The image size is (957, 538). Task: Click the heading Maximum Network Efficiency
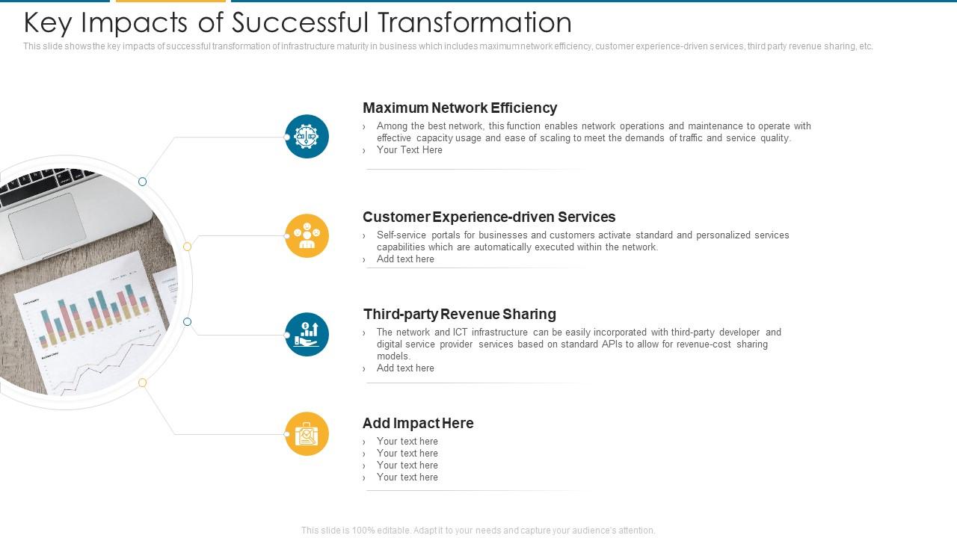pyautogui.click(x=460, y=108)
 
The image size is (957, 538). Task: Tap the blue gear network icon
pyautogui.click(x=307, y=137)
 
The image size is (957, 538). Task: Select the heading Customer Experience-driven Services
pyautogui.click(x=489, y=217)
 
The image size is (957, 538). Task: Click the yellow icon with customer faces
pyautogui.click(x=307, y=236)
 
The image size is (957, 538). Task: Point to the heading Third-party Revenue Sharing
pyautogui.click(x=460, y=314)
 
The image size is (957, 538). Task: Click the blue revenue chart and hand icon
pyautogui.click(x=307, y=335)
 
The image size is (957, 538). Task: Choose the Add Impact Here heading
pyautogui.click(x=418, y=423)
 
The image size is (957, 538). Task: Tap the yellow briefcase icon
pyautogui.click(x=307, y=434)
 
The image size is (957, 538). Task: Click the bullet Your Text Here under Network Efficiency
pyautogui.click(x=409, y=150)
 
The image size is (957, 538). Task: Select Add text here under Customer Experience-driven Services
pyautogui.click(x=405, y=259)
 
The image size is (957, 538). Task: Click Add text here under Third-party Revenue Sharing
pyautogui.click(x=405, y=368)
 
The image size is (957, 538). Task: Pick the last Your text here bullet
pyautogui.click(x=407, y=477)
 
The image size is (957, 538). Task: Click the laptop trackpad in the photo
pyautogui.click(x=47, y=226)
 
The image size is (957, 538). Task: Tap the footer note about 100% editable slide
pyautogui.click(x=478, y=531)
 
